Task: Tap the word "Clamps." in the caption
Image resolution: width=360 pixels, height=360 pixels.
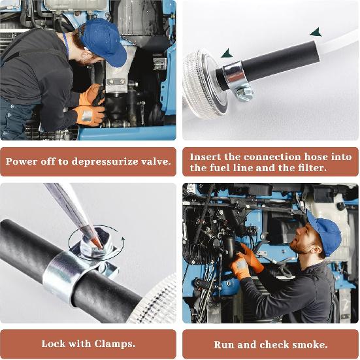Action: tap(115, 344)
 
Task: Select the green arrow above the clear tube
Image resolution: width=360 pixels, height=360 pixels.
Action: tap(316, 31)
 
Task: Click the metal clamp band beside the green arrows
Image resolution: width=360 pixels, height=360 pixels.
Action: tap(235, 74)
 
